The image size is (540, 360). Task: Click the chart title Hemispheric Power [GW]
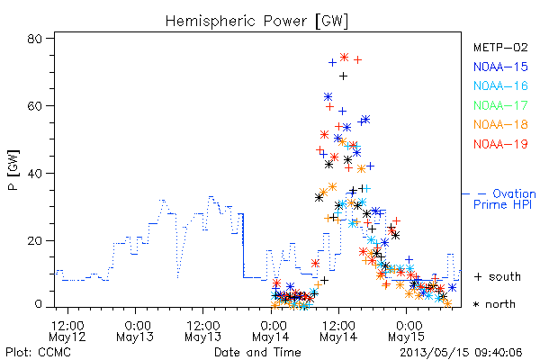tap(256, 22)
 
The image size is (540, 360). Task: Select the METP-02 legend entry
tap(500, 47)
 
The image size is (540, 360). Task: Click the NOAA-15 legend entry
tap(500, 67)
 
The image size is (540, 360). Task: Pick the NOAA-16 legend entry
tap(500, 85)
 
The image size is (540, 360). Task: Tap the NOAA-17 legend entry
tap(500, 105)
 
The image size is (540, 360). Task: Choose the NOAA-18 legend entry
tap(500, 124)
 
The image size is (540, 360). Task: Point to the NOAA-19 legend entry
tap(500, 144)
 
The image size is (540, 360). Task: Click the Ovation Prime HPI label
tap(504, 199)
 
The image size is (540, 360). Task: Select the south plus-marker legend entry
tap(498, 276)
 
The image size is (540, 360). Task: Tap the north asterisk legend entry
tap(494, 304)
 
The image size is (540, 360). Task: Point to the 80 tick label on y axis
tap(35, 39)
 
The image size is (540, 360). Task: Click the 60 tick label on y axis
tap(35, 105)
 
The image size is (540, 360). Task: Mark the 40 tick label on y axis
tap(35, 173)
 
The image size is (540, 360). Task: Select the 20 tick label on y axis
tap(35, 240)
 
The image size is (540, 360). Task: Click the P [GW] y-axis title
tap(13, 170)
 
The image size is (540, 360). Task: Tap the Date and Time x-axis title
tap(257, 352)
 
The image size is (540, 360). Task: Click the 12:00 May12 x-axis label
tap(67, 330)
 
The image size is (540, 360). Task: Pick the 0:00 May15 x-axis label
tap(407, 330)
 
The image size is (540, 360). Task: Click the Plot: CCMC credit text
tap(38, 352)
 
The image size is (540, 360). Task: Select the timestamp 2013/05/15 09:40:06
tap(461, 353)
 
